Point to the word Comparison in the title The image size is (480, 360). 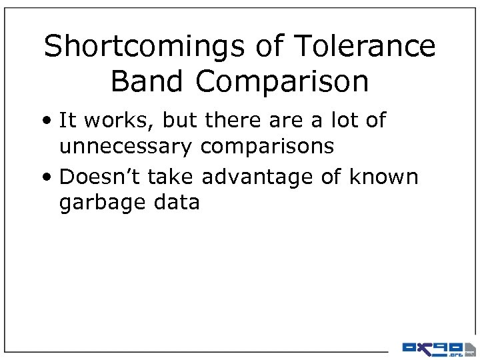pyautogui.click(x=283, y=81)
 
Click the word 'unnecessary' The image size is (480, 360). pyautogui.click(x=126, y=145)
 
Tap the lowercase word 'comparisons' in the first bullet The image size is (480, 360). pyautogui.click(x=267, y=145)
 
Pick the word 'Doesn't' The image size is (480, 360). pyautogui.click(x=100, y=177)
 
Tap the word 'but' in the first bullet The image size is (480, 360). pyautogui.click(x=177, y=121)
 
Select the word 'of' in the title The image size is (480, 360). pyautogui.click(x=274, y=47)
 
